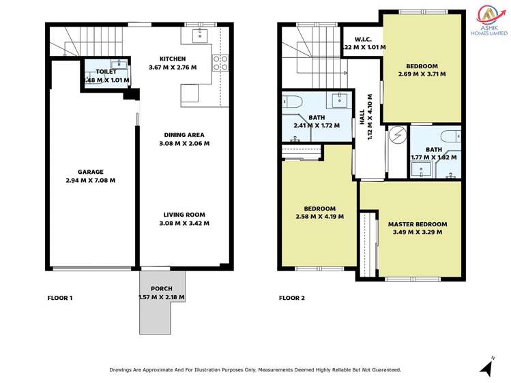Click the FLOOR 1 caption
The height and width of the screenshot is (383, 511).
tap(59, 298)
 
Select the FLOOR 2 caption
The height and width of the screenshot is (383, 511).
tap(292, 298)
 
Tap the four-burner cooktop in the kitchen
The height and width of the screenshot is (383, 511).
tap(221, 63)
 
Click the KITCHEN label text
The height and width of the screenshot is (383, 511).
tap(173, 59)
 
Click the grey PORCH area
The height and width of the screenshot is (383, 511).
tap(162, 313)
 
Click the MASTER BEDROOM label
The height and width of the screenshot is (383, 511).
tap(417, 224)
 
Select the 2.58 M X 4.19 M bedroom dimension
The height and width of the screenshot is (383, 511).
tap(319, 217)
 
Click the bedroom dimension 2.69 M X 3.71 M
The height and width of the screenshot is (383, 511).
tap(422, 75)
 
